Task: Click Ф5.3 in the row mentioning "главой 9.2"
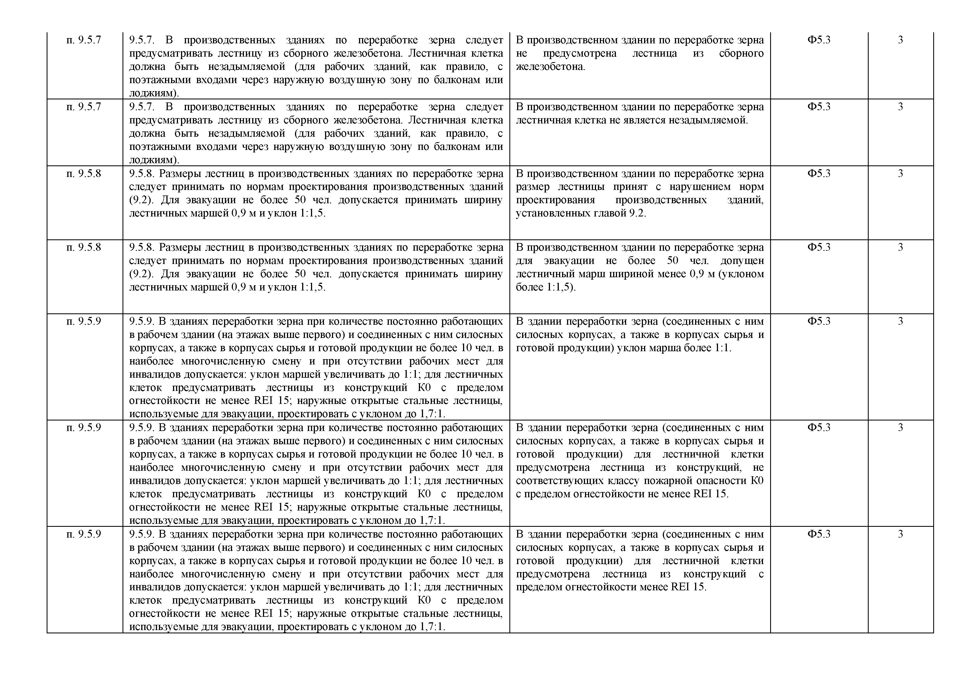(x=819, y=173)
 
